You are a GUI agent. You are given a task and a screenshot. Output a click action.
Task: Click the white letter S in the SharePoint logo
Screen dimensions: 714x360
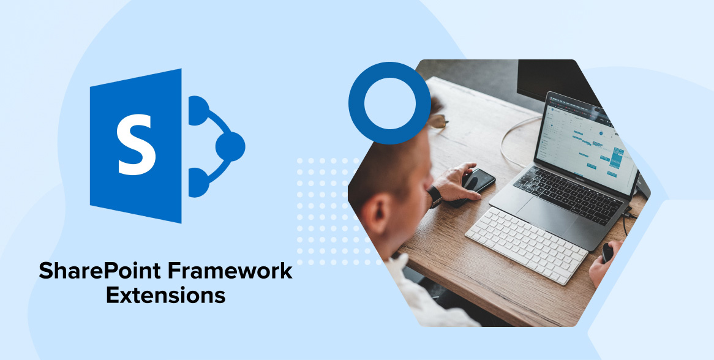(136, 144)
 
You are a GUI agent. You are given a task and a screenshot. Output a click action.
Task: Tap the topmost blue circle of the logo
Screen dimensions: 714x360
(198, 111)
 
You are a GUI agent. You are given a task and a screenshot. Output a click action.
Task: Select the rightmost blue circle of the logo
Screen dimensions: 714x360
(230, 146)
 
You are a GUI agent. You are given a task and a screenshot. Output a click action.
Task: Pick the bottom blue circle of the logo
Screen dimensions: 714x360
(198, 182)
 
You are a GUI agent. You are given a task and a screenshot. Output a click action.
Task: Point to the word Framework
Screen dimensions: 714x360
(230, 271)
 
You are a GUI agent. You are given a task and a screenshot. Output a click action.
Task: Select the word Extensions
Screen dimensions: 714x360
(166, 295)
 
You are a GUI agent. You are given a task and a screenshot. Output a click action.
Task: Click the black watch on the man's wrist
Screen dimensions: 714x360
(434, 197)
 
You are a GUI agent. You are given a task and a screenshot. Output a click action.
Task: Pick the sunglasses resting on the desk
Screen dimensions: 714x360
(438, 121)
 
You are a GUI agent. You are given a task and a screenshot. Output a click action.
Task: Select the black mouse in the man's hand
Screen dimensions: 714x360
(607, 252)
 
